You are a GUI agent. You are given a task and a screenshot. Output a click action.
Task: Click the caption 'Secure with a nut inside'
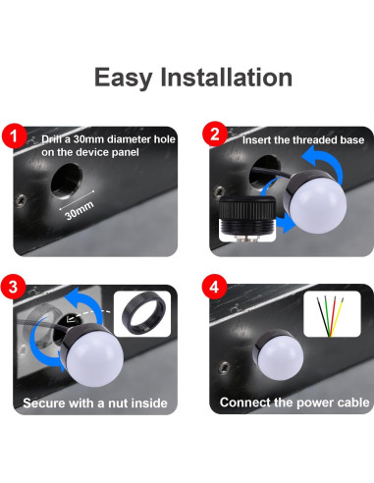coord(94,402)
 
